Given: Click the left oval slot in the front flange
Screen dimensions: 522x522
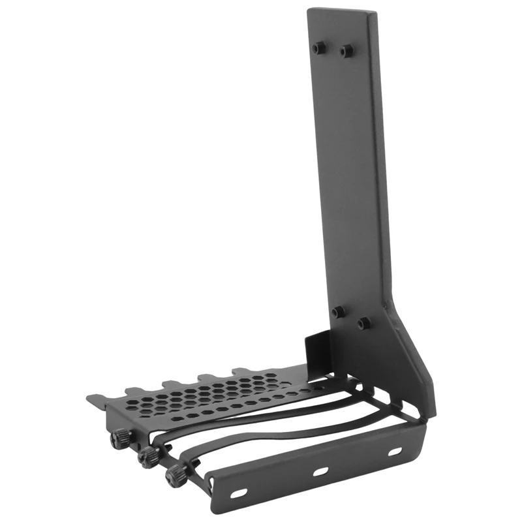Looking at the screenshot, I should (239, 493).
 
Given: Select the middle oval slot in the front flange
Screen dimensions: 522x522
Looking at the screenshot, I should (320, 471).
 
